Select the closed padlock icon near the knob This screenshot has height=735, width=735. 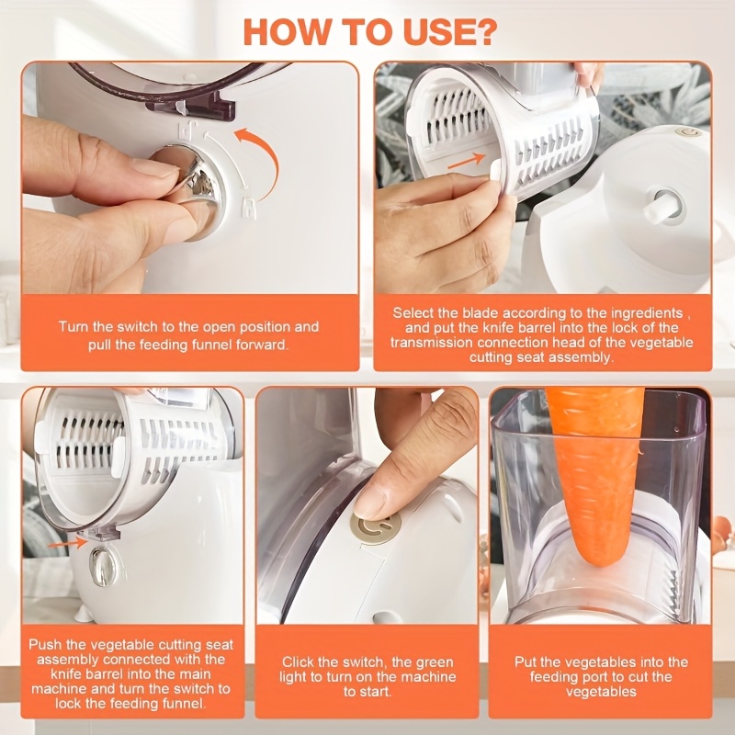[x=248, y=207]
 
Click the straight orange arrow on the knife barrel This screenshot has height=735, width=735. [x=467, y=161]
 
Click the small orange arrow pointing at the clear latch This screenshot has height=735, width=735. [x=67, y=544]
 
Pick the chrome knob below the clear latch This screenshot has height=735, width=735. [x=103, y=566]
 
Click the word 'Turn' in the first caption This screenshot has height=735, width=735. [x=73, y=327]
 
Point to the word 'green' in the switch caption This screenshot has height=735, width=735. [x=432, y=662]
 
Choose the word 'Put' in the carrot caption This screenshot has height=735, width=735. [x=525, y=661]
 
